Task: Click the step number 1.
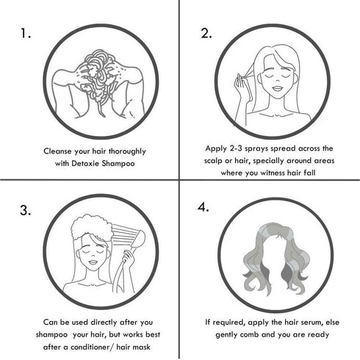26,33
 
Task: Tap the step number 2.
206,33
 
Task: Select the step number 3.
26,210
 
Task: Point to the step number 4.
204,207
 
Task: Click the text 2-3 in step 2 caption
237,148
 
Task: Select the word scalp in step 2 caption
213,161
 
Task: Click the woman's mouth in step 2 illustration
278,88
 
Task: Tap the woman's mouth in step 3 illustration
93,262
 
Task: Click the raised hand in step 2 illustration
241,86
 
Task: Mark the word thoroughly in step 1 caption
127,151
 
